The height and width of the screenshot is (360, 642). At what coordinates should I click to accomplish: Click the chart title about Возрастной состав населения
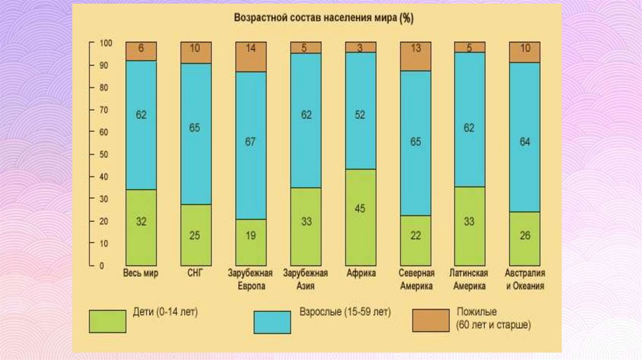tap(324, 19)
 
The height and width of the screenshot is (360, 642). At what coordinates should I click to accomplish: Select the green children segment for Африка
tap(360, 217)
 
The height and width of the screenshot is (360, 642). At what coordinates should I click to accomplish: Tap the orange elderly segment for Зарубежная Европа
tap(251, 57)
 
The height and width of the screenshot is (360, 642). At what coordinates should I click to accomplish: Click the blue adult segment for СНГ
tap(196, 134)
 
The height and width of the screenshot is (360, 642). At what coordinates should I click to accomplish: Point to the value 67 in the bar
tap(251, 142)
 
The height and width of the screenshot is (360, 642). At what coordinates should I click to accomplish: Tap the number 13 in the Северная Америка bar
tap(415, 48)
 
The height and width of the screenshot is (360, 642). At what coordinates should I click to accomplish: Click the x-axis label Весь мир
tap(141, 274)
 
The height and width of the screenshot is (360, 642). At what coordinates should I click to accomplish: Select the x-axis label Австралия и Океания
tap(525, 280)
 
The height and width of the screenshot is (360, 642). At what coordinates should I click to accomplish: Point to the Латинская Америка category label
tap(470, 280)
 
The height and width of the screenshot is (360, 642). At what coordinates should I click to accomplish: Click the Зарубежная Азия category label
tap(305, 280)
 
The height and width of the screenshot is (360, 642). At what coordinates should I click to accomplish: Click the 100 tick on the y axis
tap(104, 43)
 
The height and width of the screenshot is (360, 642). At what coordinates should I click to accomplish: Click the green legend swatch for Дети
tap(108, 320)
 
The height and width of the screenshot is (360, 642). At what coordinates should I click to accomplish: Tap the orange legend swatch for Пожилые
tap(431, 319)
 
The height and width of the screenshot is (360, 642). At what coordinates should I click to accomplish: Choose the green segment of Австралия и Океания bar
tap(525, 238)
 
